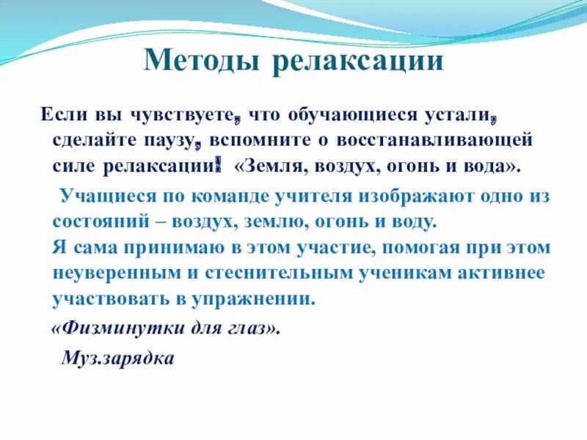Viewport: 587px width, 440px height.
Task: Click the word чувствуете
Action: [x=186, y=115]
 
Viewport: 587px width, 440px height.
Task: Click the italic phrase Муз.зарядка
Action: [x=117, y=359]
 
